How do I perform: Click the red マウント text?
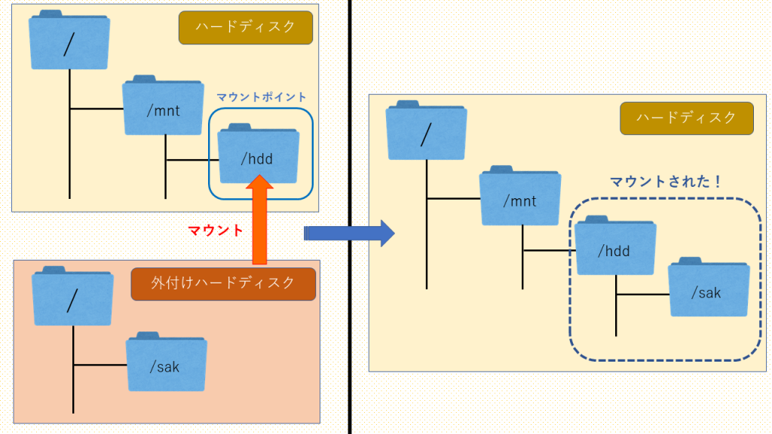tap(216, 231)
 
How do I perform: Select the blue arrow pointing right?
tap(349, 233)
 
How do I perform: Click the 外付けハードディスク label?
tap(223, 283)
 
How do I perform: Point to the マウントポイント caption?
tap(262, 97)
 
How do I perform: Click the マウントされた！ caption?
tap(666, 182)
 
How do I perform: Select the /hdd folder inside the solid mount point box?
tap(258, 154)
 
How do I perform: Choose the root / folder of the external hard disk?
tap(72, 298)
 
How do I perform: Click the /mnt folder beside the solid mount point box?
tap(163, 107)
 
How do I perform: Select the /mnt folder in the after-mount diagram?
tap(520, 197)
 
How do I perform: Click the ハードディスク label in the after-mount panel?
tap(686, 118)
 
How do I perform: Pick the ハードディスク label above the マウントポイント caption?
tap(244, 28)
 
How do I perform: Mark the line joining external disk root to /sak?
tap(100, 365)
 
